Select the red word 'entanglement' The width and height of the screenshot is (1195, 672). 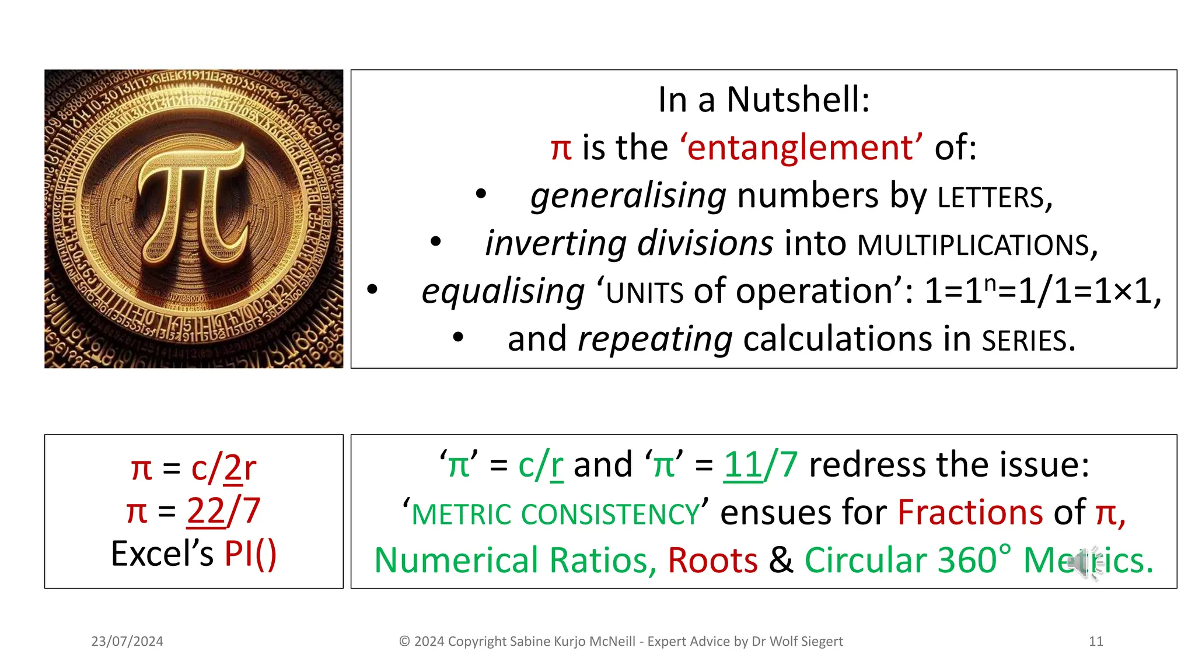click(801, 147)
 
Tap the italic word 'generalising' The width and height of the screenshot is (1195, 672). click(628, 195)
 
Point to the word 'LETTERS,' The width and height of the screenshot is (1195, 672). click(995, 198)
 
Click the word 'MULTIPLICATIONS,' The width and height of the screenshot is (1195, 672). click(977, 246)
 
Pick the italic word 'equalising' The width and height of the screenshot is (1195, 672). click(502, 291)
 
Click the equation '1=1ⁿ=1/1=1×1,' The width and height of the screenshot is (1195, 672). click(1043, 291)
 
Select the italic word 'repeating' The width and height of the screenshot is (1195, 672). click(654, 339)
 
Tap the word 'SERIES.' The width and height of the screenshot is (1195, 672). click(1028, 341)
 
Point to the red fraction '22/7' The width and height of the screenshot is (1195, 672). click(223, 511)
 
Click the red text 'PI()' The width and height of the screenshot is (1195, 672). click(250, 554)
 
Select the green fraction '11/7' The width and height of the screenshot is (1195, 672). click(760, 465)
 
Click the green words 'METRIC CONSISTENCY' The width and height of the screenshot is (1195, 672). click(555, 514)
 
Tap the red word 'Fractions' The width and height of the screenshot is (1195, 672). click(970, 513)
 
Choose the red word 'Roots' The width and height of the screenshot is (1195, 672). click(712, 561)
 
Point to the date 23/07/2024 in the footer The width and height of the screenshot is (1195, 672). click(127, 642)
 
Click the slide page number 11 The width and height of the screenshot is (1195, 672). click(1096, 642)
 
